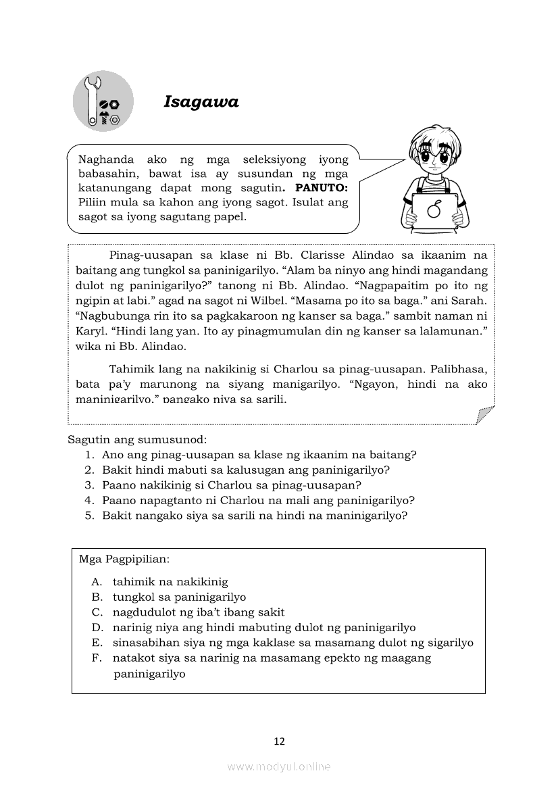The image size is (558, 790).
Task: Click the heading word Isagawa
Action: pyautogui.click(x=201, y=102)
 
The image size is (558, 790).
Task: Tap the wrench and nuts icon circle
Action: pyautogui.click(x=103, y=101)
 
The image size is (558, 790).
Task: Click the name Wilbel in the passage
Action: pyautogui.click(x=282, y=300)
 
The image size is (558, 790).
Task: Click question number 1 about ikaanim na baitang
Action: pyautogui.click(x=259, y=455)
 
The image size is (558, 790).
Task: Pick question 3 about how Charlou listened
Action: pyautogui.click(x=231, y=485)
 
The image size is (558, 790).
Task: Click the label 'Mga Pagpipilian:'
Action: pyautogui.click(x=115, y=560)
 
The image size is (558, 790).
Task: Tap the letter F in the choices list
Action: pyautogui.click(x=97, y=658)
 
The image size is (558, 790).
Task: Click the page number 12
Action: pyautogui.click(x=279, y=741)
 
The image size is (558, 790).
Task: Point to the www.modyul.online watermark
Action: pyautogui.click(x=279, y=766)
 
